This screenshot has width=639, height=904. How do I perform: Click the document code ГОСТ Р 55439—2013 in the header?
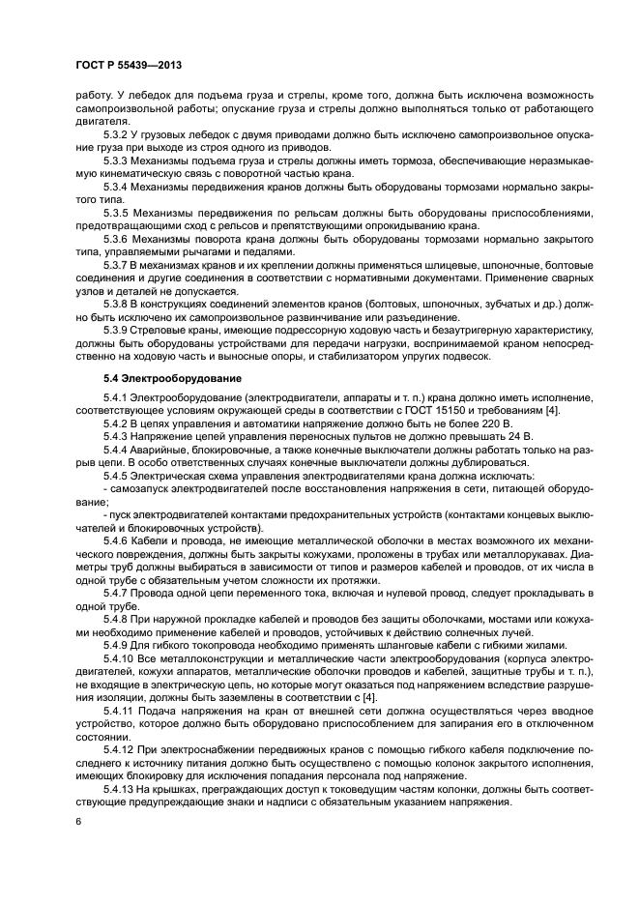(x=130, y=65)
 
